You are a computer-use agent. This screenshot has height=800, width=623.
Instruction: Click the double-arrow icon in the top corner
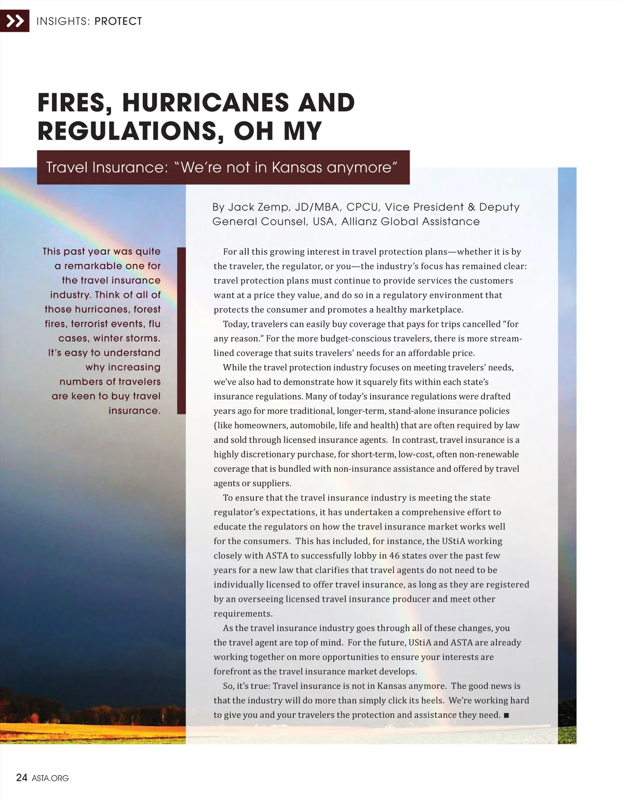pos(15,21)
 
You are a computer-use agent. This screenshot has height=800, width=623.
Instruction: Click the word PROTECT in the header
pos(118,21)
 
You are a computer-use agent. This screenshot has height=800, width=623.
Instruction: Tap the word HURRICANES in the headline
pos(206,102)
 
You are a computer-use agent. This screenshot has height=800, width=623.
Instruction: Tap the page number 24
pos(21,777)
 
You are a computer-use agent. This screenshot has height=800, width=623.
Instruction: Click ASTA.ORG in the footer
pos(50,778)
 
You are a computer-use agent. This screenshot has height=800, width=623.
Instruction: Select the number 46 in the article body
pos(395,555)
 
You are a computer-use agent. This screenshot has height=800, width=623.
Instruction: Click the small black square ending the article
pos(506,715)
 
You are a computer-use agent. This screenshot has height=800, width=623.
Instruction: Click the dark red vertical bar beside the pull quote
pos(181,330)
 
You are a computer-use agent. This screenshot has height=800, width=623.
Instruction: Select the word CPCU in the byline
pos(362,207)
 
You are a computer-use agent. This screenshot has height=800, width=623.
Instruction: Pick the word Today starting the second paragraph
pos(236,324)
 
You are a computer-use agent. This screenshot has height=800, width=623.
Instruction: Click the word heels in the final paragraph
pos(432,700)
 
